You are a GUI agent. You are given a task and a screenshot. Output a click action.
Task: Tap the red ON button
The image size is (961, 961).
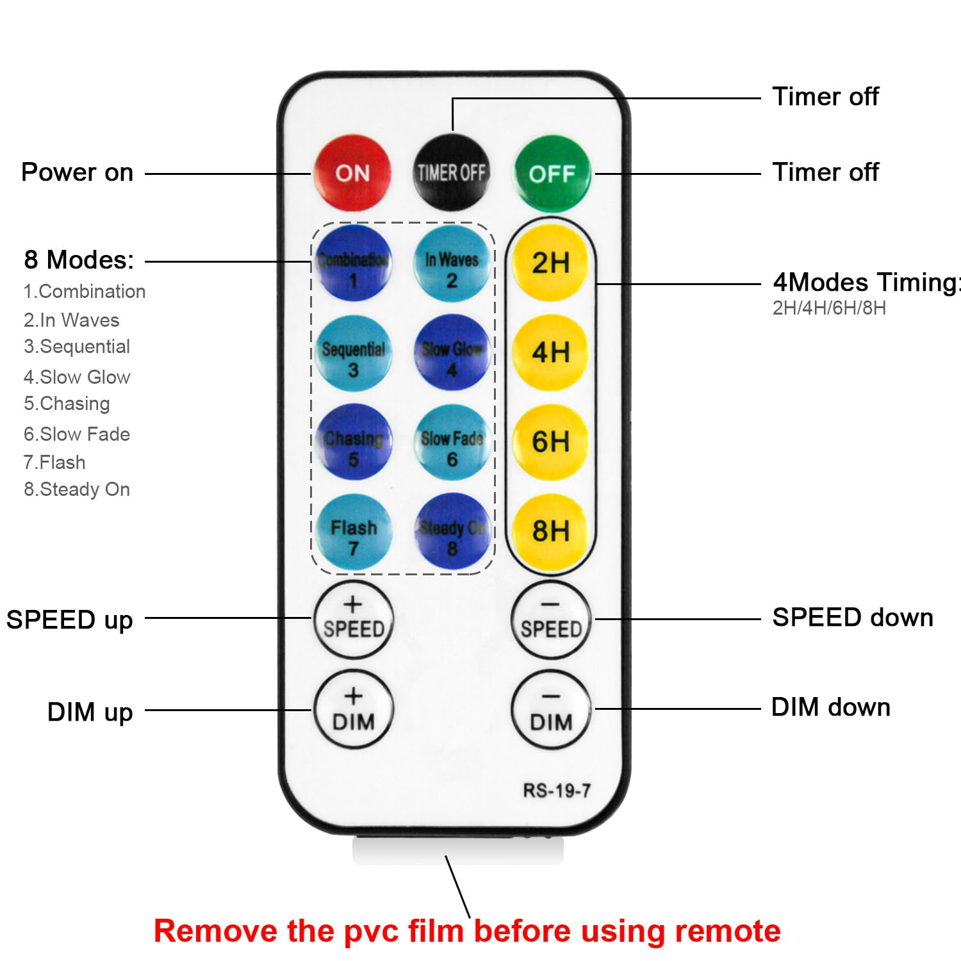352,172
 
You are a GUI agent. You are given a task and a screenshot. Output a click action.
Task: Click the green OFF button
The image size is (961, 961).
552,173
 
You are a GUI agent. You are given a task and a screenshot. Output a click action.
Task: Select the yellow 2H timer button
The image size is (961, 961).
550,263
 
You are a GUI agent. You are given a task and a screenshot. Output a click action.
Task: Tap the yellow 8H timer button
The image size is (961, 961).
550,530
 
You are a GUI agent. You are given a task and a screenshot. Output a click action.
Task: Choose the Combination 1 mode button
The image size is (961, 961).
352,263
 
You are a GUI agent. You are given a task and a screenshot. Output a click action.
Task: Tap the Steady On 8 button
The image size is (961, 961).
452,532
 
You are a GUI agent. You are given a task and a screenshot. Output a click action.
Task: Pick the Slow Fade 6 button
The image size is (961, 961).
452,443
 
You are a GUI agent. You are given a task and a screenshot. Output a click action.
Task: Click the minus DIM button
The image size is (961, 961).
551,710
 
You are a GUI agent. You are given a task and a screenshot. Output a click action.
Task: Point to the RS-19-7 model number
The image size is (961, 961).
556,791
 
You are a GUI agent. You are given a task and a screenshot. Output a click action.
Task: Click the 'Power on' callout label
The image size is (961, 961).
77,172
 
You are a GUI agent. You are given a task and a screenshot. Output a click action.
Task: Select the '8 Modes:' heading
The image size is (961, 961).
79,260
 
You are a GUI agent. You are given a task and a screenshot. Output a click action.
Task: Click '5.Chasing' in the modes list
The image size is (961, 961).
67,404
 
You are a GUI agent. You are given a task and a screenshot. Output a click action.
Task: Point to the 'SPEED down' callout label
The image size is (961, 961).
852,618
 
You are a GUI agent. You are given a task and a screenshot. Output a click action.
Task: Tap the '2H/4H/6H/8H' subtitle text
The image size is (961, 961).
829,308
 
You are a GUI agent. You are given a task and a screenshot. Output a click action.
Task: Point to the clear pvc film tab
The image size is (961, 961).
457,851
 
